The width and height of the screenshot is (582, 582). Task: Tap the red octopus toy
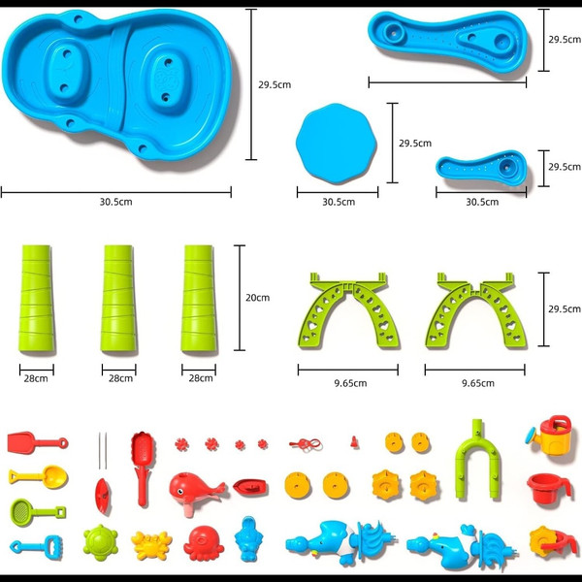click(204, 543)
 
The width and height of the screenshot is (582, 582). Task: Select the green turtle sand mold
click(101, 542)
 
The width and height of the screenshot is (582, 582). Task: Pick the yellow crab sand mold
click(151, 545)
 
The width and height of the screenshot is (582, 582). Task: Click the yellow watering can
click(550, 435)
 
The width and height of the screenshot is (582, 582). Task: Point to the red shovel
click(37, 442)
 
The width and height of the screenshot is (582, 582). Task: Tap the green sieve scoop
click(37, 512)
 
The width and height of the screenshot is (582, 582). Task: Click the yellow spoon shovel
click(38, 476)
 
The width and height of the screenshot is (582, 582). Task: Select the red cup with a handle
click(548, 488)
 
